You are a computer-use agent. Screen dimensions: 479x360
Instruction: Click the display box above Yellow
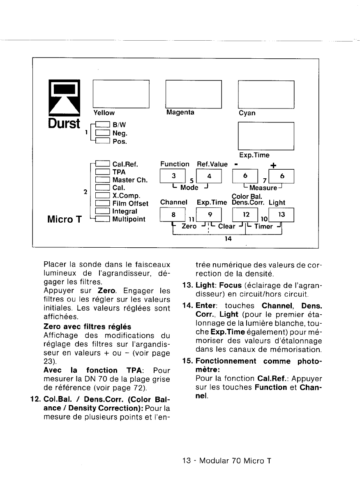pyautogui.click(x=121, y=94)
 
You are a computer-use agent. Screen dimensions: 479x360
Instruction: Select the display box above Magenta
pyautogui.click(x=193, y=94)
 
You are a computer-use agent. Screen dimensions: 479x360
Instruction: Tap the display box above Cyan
pyautogui.click(x=266, y=94)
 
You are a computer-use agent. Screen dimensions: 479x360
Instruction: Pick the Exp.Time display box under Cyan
pyautogui.click(x=266, y=136)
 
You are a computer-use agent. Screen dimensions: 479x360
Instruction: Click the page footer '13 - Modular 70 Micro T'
pyautogui.click(x=227, y=460)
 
